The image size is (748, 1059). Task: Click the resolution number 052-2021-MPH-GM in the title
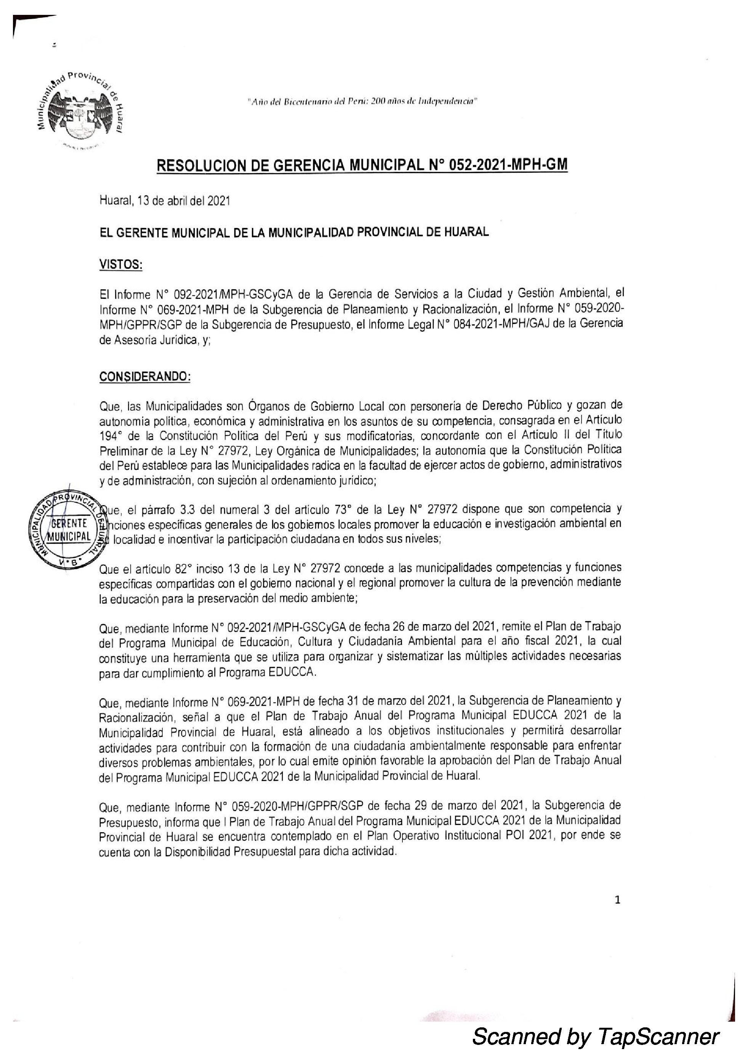[507, 165]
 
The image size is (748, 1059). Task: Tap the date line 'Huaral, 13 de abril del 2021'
[165, 202]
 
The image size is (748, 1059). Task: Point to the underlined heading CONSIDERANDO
[145, 376]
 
